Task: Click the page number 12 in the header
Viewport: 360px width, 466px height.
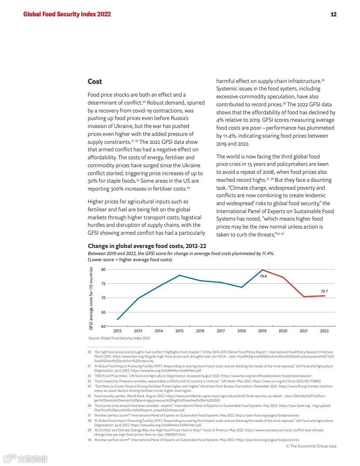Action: pyautogui.click(x=334, y=14)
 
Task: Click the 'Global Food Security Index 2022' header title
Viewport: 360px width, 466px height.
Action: pyautogui.click(x=67, y=14)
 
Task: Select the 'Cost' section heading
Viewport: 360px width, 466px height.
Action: pyautogui.click(x=95, y=82)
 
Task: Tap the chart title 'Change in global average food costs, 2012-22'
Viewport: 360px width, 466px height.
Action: pyautogui.click(x=147, y=246)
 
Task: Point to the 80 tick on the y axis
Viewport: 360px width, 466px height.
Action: pyautogui.click(x=103, y=270)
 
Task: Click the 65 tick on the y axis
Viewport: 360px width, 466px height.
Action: pyautogui.click(x=103, y=312)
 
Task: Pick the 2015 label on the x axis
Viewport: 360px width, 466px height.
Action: pyautogui.click(x=180, y=331)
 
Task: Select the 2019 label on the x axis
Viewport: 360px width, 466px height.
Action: pyautogui.click(x=262, y=331)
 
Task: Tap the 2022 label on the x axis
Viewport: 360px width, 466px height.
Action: pyautogui.click(x=324, y=331)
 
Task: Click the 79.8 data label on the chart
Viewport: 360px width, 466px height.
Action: pyautogui.click(x=263, y=276)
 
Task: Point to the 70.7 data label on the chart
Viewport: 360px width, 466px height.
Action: pyautogui.click(x=324, y=291)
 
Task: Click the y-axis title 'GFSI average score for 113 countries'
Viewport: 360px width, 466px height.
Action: pyautogui.click(x=91, y=298)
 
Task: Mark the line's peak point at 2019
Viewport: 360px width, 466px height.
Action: pyautogui.click(x=262, y=270)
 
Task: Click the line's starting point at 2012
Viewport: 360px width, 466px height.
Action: pyautogui.click(x=117, y=319)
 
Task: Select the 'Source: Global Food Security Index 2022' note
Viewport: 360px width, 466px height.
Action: pyautogui.click(x=119, y=338)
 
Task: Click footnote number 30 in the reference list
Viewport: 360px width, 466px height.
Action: pyautogui.click(x=89, y=352)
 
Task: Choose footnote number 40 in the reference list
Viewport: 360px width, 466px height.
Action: pyautogui.click(x=89, y=440)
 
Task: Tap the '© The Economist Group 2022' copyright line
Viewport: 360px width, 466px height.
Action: pyautogui.click(x=311, y=446)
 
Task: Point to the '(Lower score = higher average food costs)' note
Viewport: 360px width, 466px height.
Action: pyautogui.click(x=130, y=260)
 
